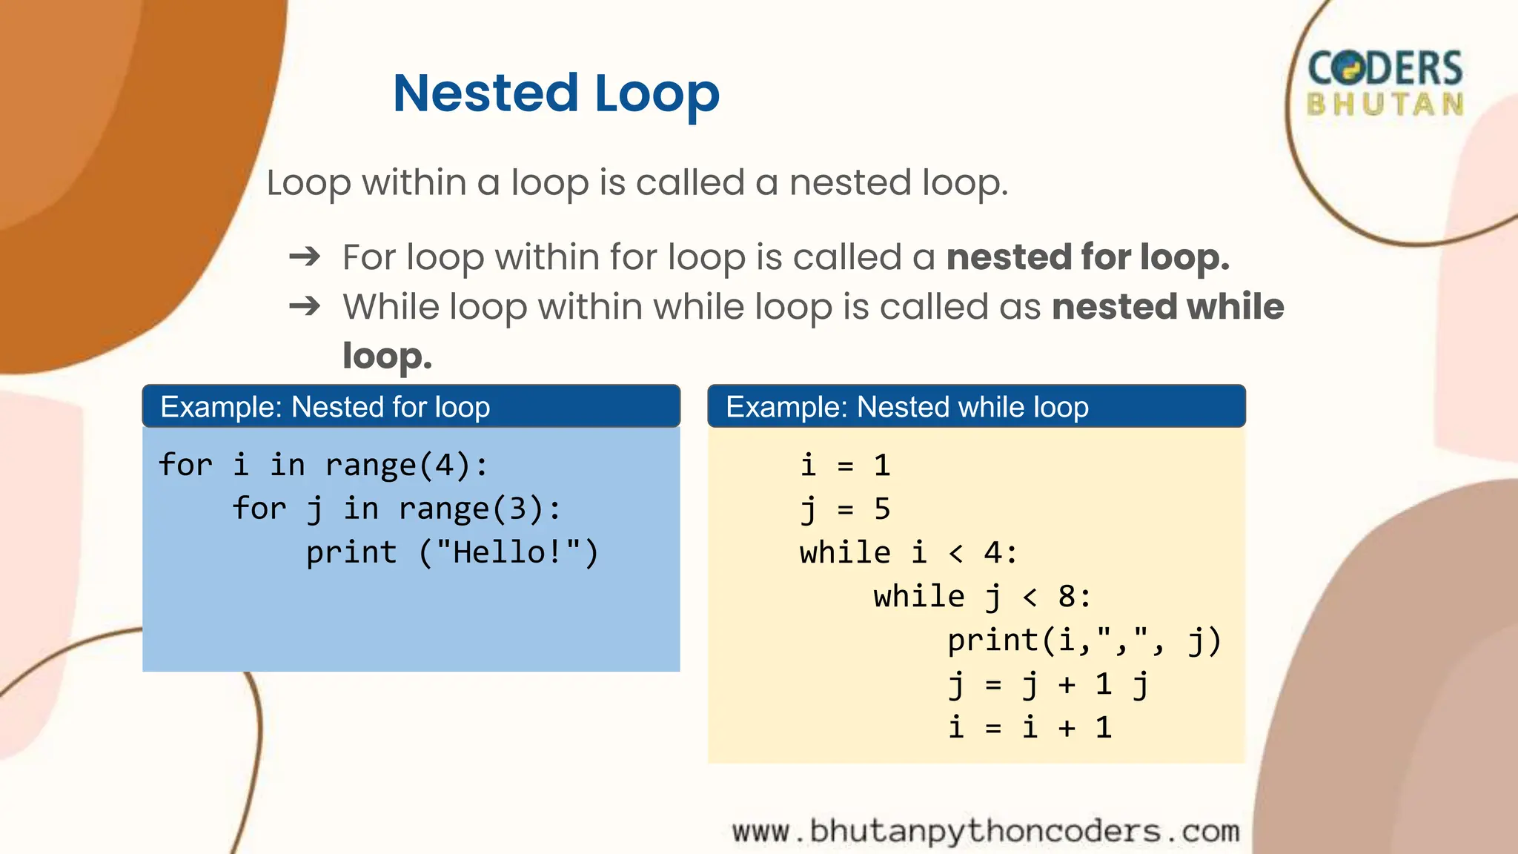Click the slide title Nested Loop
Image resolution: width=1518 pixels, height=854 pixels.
point(556,94)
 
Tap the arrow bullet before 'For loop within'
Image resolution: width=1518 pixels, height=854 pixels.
point(305,257)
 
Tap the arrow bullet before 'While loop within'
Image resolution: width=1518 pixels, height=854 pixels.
point(305,306)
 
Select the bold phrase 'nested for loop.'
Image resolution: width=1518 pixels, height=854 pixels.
point(1087,257)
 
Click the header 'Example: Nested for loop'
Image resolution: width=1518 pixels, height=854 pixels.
point(325,407)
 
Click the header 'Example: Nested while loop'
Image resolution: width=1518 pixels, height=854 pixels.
point(907,407)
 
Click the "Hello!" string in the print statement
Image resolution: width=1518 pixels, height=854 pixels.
point(508,552)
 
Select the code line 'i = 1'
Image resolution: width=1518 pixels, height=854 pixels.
point(845,466)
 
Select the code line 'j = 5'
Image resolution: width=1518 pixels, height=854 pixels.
point(845,509)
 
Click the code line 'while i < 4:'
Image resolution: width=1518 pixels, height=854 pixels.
point(908,553)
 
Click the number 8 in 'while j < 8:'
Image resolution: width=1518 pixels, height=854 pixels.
point(1066,597)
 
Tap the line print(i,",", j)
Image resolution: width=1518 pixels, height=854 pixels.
point(1084,640)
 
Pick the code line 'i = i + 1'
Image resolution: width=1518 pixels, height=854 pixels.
point(1030,727)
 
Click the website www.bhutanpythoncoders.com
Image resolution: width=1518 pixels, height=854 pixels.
point(986,831)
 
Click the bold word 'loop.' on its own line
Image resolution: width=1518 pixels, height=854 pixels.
point(387,356)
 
